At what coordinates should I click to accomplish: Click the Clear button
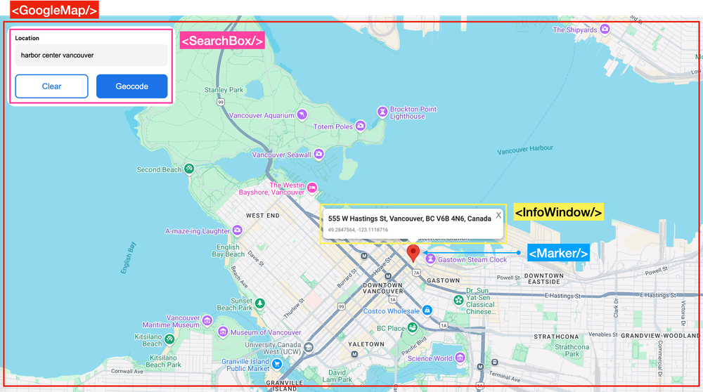point(51,86)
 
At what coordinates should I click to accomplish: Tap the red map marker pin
point(413,253)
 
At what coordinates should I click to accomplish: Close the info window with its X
point(498,215)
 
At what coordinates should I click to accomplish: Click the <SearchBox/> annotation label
point(222,41)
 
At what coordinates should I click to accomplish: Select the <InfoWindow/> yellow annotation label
point(558,212)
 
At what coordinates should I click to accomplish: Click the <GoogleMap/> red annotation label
point(53,10)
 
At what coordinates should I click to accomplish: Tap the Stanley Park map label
point(224,90)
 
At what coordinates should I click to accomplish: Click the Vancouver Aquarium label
point(262,115)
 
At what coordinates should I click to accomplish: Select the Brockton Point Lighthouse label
point(413,112)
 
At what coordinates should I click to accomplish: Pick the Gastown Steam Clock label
point(472,260)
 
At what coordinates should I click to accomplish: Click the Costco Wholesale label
point(391,311)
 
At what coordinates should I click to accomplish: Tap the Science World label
point(430,358)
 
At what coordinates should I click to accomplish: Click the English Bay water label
point(128,258)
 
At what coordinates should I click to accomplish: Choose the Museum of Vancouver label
point(266,332)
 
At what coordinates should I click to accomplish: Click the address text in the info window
point(409,218)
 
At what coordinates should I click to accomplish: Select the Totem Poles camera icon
point(361,126)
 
